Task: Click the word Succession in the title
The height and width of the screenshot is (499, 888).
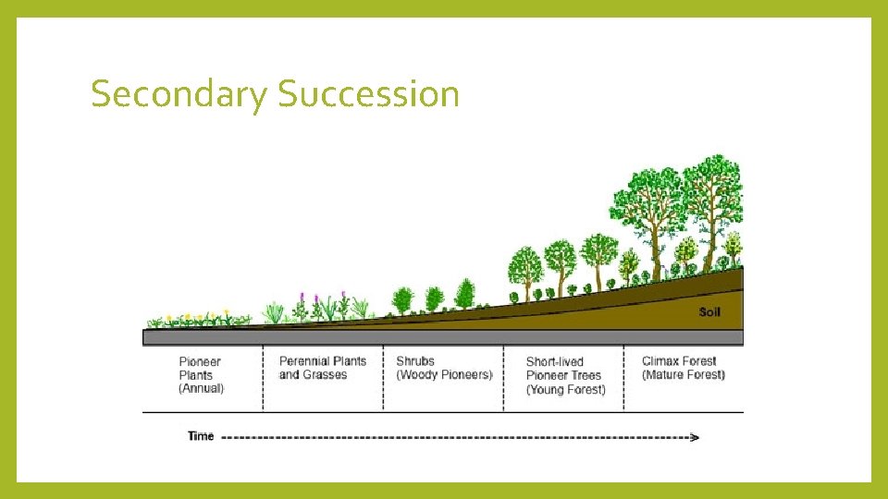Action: [368, 94]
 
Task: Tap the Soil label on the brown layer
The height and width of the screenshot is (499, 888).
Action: [709, 312]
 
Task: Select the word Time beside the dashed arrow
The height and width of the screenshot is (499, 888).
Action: [201, 436]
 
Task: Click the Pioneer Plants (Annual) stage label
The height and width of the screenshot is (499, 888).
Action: [201, 374]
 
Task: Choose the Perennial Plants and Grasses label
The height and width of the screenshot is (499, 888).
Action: [323, 368]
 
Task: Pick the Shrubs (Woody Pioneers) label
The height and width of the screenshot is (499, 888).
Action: [444, 368]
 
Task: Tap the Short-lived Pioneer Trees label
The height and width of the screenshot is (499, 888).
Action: [565, 375]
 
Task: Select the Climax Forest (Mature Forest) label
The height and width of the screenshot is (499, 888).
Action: [683, 368]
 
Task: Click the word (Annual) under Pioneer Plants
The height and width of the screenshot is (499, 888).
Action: [202, 389]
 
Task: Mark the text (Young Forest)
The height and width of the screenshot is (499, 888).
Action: [565, 390]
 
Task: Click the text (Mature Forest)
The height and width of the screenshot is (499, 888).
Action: [683, 375]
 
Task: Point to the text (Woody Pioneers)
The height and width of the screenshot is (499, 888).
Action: [444, 375]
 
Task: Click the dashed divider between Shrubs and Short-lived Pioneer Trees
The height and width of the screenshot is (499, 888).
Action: [503, 379]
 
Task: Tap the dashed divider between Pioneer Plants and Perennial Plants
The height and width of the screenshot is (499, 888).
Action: [263, 379]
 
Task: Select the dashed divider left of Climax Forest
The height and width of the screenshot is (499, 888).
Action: [623, 379]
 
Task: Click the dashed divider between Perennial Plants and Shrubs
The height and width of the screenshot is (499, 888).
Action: [383, 379]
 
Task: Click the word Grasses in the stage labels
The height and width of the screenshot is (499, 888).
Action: [326, 375]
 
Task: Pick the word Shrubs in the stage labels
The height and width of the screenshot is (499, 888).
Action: [415, 361]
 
